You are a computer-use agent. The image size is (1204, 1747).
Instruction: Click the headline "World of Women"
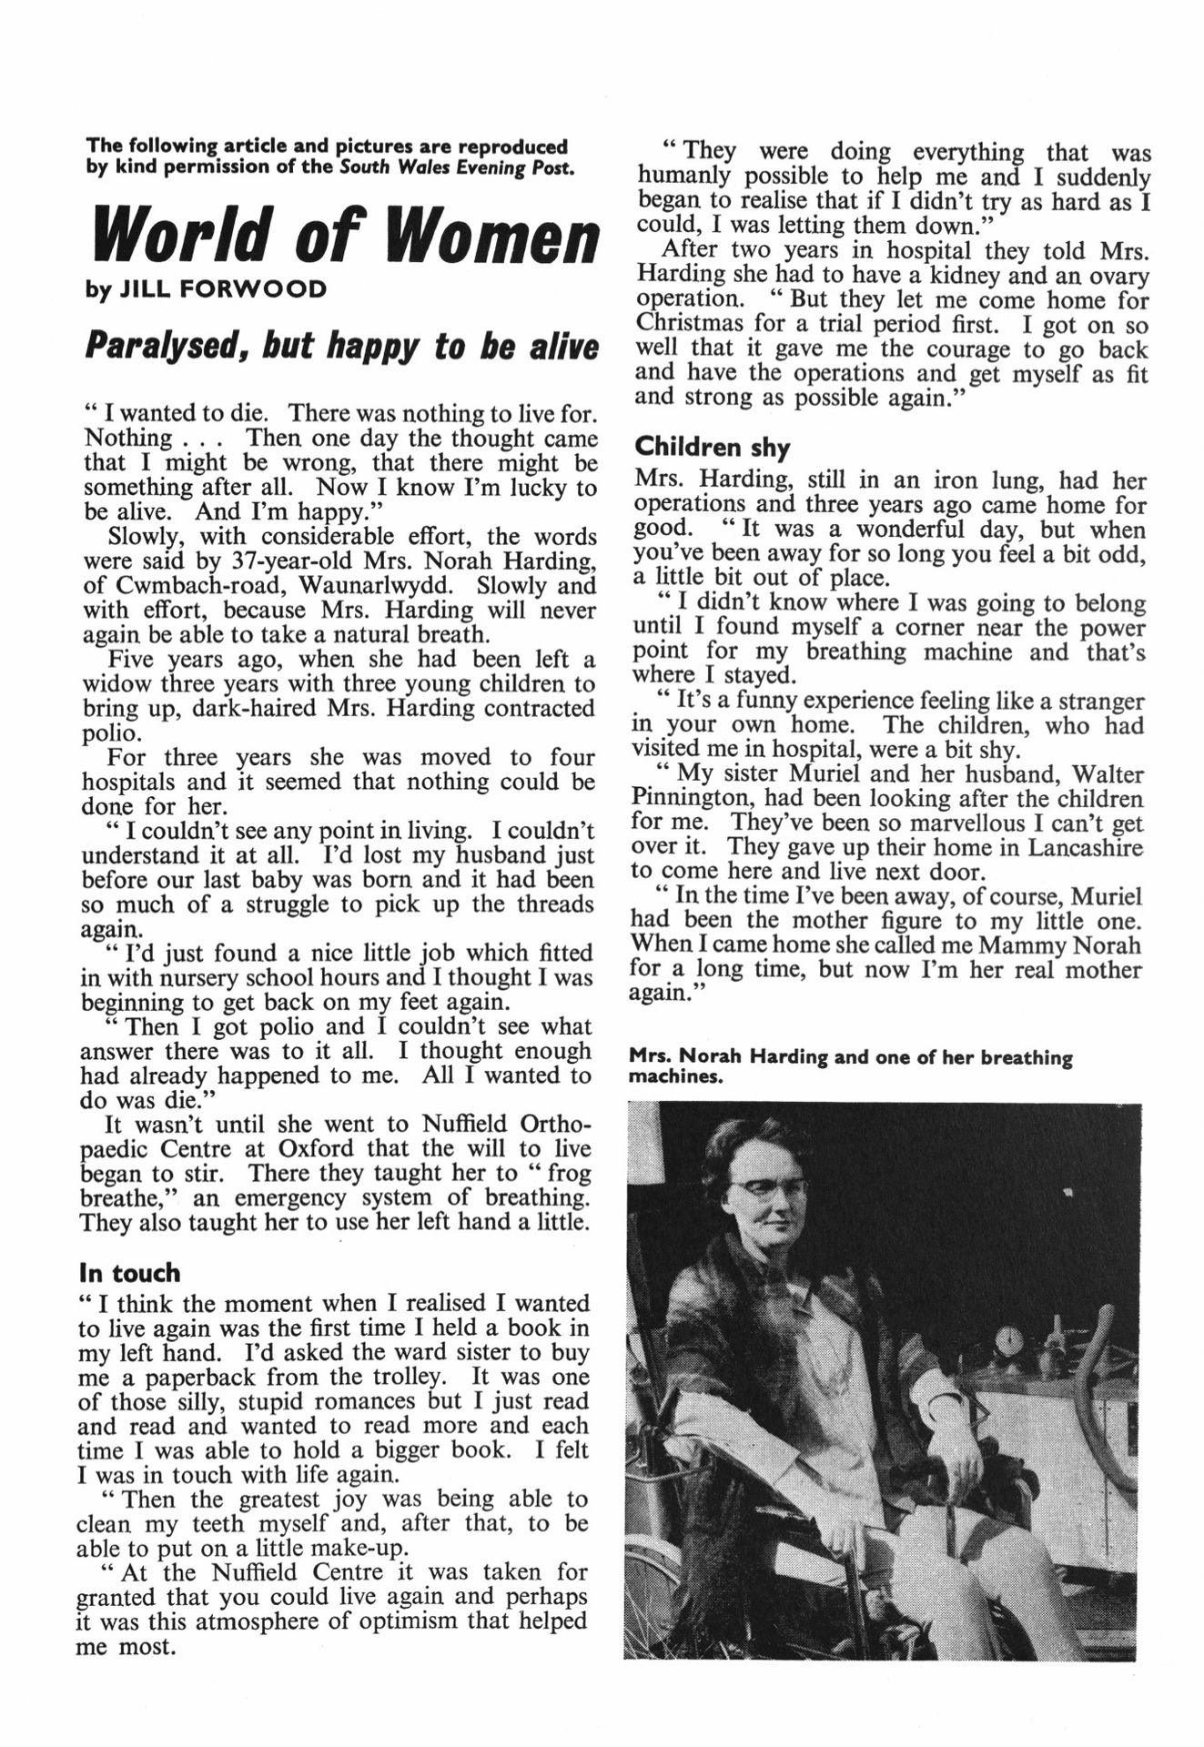pos(346,236)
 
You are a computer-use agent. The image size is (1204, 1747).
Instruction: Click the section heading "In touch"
pos(129,1272)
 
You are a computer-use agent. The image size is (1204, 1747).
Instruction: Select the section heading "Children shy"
pos(712,447)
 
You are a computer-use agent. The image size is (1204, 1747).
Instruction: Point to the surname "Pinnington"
pos(691,799)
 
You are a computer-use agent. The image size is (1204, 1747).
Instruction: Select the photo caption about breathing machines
pos(850,1067)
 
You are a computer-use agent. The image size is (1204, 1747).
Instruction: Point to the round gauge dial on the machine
pos(1010,1339)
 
